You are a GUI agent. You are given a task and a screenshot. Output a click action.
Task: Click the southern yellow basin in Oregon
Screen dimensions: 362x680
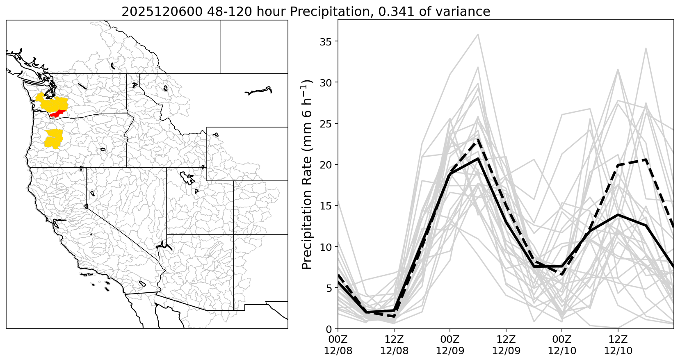tap(54, 139)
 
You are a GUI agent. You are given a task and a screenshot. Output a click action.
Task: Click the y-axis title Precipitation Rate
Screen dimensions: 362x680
tap(308, 174)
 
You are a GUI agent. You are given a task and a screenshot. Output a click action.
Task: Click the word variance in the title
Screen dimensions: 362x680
tap(465, 11)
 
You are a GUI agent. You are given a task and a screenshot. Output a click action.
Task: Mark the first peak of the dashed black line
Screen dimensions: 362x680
tap(478, 140)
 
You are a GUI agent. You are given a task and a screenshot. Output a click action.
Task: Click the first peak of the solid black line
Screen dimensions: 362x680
tap(478, 158)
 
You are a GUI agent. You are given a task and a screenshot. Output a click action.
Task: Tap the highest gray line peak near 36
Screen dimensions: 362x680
tap(478, 34)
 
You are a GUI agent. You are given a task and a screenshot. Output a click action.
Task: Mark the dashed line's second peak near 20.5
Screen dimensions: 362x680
tap(646, 159)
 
